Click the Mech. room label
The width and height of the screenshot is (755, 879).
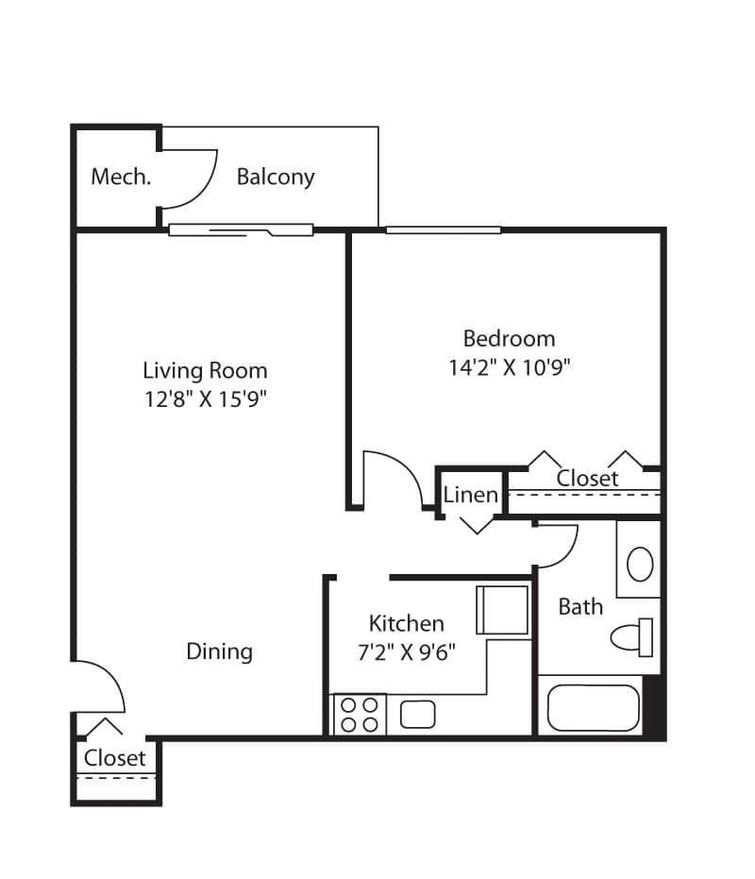tap(120, 177)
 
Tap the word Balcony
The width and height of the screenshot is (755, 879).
tap(276, 177)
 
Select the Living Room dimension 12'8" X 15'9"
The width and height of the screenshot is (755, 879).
tap(205, 399)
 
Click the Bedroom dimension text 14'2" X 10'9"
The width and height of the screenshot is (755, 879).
tap(510, 367)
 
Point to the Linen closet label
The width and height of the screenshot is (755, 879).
tap(470, 494)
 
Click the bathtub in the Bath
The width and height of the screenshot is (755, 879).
tap(594, 707)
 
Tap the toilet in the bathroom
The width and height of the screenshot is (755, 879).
tap(631, 637)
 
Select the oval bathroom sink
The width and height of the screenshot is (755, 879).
tap(640, 565)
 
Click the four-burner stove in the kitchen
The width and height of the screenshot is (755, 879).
tap(360, 714)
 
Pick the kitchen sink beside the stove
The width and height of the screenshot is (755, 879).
tap(417, 714)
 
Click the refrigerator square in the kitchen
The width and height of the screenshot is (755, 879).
tap(502, 610)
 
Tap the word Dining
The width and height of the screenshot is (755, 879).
tap(219, 651)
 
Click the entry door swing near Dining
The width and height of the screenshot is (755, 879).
tap(102, 685)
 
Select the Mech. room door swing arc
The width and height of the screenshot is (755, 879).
tap(193, 178)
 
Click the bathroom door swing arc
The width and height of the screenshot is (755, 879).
tap(559, 546)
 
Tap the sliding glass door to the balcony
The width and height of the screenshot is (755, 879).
tap(241, 229)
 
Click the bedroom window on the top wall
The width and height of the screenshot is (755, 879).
tap(443, 229)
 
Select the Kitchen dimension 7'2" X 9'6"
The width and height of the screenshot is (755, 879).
tap(406, 652)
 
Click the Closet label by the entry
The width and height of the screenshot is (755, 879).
tap(115, 758)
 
